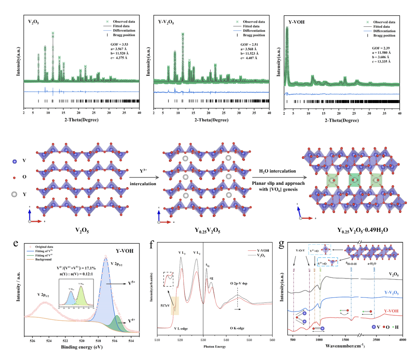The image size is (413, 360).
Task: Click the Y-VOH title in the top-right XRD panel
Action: pos(296,22)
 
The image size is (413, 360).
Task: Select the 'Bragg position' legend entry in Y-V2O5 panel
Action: pos(254,35)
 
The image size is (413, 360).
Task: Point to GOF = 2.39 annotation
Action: pos(380,48)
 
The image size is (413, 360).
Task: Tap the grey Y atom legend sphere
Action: pos(14,194)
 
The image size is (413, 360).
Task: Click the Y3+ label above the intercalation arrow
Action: pos(143,171)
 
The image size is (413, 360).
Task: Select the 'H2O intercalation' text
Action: pos(277,171)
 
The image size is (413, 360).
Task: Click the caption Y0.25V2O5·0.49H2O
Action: pos(362,230)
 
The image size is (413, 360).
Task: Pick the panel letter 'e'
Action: pos(16,243)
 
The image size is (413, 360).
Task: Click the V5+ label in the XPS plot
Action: pos(132,283)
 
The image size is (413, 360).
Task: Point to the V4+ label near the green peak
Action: pos(132,321)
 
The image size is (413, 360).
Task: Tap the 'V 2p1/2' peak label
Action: pos(43,295)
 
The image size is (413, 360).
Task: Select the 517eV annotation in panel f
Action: pos(165,306)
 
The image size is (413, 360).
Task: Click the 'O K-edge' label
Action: pos(237,328)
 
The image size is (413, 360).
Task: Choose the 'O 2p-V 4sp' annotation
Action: pos(239,283)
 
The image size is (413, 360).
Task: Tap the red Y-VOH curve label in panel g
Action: pos(391,311)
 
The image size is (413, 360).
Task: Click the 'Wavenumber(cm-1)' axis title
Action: pos(345,346)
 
